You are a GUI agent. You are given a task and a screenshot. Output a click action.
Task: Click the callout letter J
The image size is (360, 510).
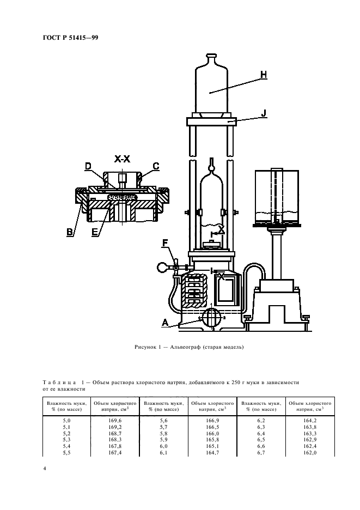coord(263,114)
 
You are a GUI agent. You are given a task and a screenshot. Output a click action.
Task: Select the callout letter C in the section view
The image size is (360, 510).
coord(155,166)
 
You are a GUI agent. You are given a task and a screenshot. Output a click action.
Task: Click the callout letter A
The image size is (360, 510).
coord(164,322)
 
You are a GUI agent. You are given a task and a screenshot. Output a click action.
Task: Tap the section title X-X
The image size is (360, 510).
coord(122,159)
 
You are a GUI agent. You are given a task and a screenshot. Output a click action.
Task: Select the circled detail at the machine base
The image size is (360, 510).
coord(210,317)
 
